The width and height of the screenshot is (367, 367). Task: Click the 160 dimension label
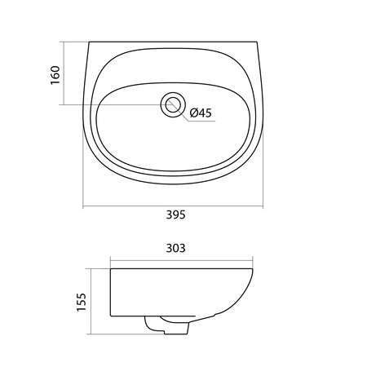click(55, 75)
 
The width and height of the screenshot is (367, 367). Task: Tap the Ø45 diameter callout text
click(201, 113)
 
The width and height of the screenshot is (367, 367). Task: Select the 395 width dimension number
click(176, 214)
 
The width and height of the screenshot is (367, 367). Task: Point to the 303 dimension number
click(176, 248)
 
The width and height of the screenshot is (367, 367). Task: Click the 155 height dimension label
click(82, 302)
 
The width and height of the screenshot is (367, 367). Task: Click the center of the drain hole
click(173, 105)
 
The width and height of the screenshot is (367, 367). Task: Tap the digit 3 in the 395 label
click(169, 214)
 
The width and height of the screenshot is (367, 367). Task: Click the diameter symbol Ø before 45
click(193, 113)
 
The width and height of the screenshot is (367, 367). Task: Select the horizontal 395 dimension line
click(173, 206)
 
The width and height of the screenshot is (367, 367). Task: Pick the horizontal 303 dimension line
click(182, 260)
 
